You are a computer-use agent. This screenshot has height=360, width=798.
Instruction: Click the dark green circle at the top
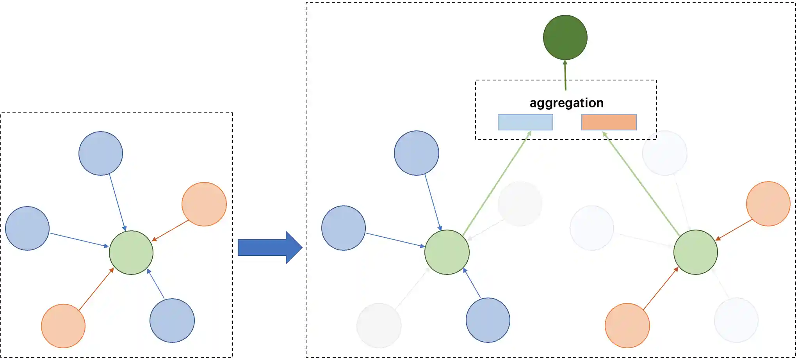click(565, 37)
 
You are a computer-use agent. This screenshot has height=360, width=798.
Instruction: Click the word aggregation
click(566, 103)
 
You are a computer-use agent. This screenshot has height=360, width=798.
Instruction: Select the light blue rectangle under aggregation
click(525, 122)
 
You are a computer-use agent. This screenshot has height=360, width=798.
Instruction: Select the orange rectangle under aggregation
click(609, 122)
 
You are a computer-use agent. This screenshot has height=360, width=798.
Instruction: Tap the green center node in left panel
click(131, 253)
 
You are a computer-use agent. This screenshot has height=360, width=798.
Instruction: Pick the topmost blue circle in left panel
click(101, 153)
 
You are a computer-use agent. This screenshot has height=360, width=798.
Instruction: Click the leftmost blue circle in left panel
click(27, 228)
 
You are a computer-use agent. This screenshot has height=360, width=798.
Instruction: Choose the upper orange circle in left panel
click(204, 204)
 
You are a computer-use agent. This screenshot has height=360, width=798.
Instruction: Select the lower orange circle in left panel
click(63, 326)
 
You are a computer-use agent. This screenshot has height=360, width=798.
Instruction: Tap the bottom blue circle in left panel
click(172, 321)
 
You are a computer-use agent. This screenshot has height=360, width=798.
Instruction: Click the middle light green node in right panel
click(447, 252)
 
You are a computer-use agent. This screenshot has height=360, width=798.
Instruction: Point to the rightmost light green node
click(696, 252)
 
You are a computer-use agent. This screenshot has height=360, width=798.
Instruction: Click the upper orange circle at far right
click(768, 204)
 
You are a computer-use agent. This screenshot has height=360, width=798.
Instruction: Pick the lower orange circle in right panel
click(627, 326)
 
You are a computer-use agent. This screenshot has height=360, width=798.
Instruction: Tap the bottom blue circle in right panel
click(488, 320)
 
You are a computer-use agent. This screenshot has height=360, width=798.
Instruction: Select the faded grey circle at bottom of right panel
click(379, 326)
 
